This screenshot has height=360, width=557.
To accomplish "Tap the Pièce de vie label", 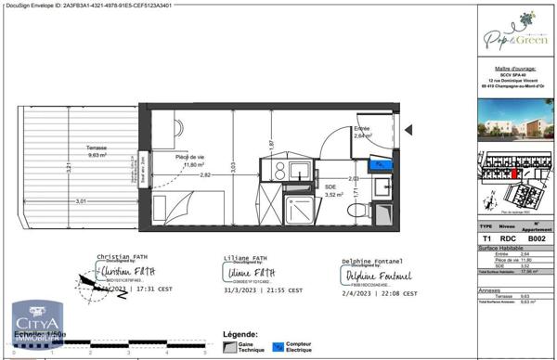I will (191, 160).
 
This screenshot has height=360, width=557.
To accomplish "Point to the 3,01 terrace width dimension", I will (81, 200).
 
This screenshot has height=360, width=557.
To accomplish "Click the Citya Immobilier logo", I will (36, 326).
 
